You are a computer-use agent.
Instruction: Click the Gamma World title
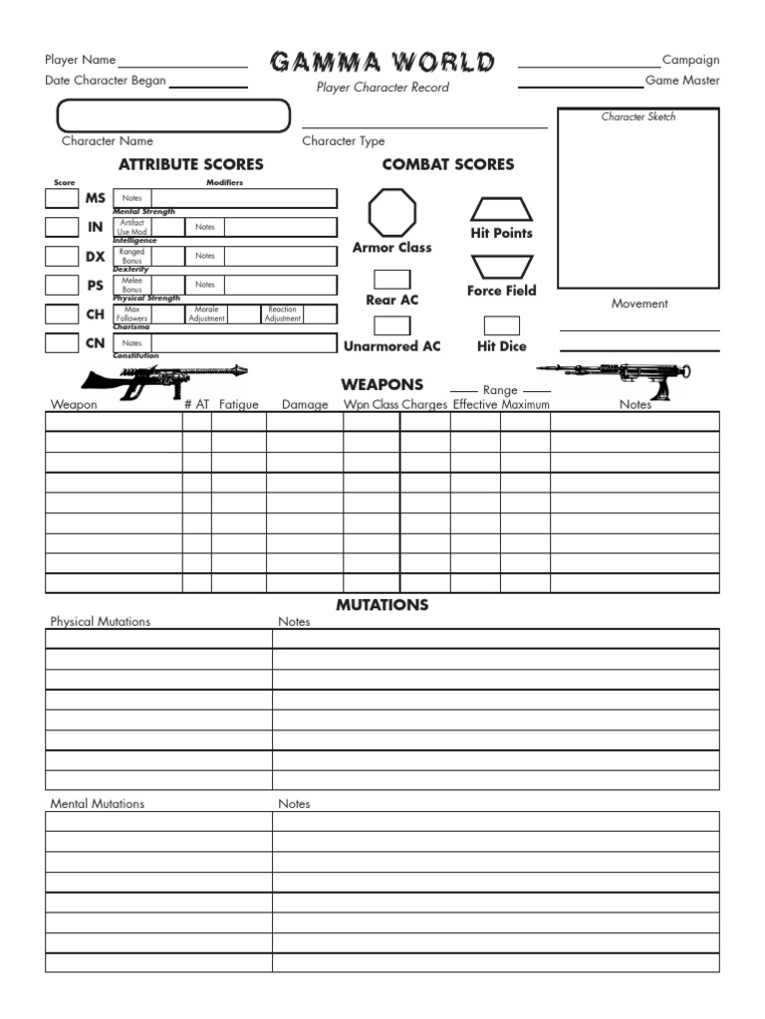tap(382, 63)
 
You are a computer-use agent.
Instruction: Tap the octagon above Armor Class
tap(392, 212)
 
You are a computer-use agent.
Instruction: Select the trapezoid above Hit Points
tap(501, 209)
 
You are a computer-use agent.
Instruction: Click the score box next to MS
tap(62, 198)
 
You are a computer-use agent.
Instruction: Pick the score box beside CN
tap(62, 343)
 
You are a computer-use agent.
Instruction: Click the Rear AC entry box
tap(391, 280)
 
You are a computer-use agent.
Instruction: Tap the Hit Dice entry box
tap(501, 325)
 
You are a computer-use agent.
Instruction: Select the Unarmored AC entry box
tap(391, 325)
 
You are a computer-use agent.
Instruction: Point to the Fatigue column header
tap(238, 405)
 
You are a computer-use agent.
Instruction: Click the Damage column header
tap(305, 405)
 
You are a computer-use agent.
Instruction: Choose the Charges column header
tap(424, 405)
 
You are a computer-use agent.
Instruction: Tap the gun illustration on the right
tap(616, 376)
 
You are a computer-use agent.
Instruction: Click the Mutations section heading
tap(382, 604)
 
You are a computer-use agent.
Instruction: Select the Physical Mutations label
tap(101, 621)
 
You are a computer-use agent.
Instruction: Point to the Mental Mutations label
tap(97, 803)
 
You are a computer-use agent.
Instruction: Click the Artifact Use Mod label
tap(132, 227)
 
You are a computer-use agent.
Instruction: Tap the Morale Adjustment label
tap(207, 314)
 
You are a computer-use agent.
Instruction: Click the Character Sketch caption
tap(638, 116)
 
